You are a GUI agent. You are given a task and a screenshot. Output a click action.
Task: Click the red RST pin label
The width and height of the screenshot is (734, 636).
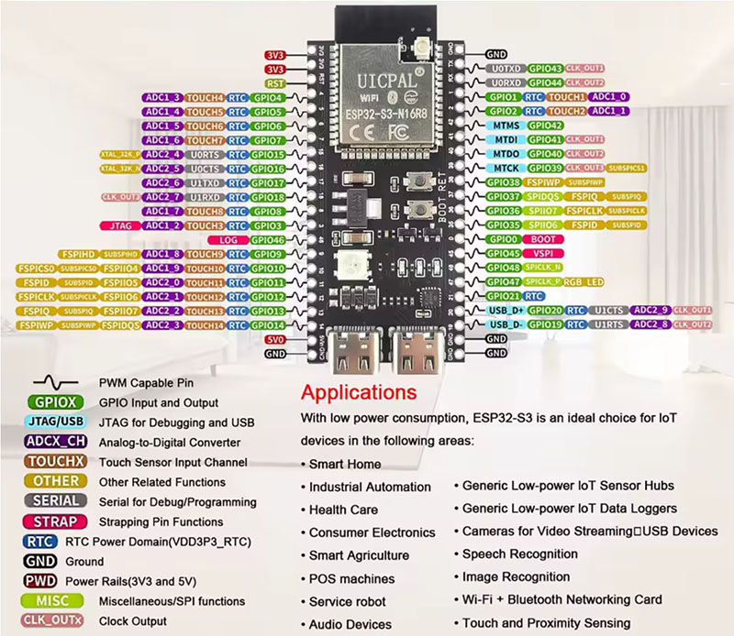coord(272,82)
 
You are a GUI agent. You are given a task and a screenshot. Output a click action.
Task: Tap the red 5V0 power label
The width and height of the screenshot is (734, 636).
coord(273,339)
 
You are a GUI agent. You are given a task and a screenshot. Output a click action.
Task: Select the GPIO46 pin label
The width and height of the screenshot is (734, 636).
coord(267,239)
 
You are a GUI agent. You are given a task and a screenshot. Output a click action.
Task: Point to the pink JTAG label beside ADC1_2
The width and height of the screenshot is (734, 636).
coord(119,225)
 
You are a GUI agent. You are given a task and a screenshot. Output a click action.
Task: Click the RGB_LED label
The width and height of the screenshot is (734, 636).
coord(584,282)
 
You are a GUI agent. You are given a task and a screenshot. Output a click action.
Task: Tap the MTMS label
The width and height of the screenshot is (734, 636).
coord(506,126)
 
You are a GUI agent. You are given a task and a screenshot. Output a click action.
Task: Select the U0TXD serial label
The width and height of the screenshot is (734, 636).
coord(506,69)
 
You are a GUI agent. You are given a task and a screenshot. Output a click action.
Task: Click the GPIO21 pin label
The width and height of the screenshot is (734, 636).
coord(504,296)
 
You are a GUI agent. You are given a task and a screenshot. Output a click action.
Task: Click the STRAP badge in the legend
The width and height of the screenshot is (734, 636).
coord(57,521)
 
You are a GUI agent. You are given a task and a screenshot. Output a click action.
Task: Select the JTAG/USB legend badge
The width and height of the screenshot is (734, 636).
coord(57,422)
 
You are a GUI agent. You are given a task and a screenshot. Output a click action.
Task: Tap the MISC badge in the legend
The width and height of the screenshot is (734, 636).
coord(57,601)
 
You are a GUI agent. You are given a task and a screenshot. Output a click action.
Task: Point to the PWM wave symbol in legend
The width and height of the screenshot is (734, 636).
coord(57,382)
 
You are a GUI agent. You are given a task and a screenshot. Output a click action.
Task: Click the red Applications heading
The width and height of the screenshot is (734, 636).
coord(359,393)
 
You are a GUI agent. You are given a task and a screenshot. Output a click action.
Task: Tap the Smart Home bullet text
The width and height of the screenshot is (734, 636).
coord(345,464)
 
